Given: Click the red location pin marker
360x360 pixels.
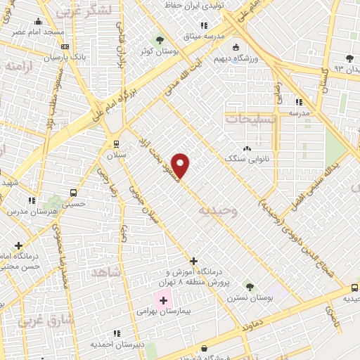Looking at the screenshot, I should click(x=181, y=166).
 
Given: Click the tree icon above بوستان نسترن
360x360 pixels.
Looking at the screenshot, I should click(x=249, y=286).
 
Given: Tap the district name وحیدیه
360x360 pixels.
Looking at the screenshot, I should click(x=219, y=210).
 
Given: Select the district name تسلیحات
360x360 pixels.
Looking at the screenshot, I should click(x=250, y=119).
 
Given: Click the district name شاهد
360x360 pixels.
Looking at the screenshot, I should click(x=107, y=271).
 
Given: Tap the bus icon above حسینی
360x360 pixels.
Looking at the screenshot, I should click(x=73, y=193).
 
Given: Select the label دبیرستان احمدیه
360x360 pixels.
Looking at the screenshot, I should click(x=117, y=344).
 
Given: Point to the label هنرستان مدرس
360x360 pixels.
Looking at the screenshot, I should click(x=30, y=211).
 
